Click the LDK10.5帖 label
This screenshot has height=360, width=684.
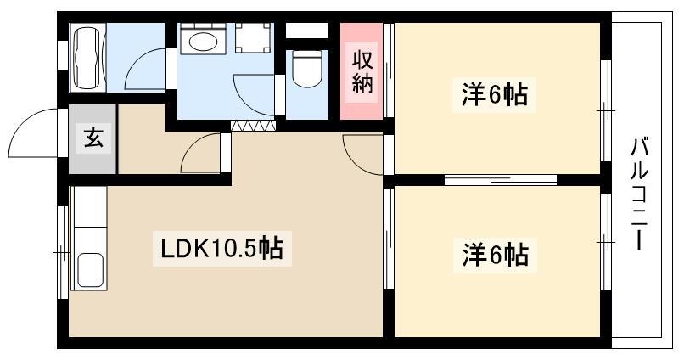pos(222,249)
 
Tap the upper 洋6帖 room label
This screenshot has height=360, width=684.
pos(495,93)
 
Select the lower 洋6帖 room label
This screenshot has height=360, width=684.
pos(495,255)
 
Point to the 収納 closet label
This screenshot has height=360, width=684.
pos(362,72)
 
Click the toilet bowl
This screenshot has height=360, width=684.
pos(306,69)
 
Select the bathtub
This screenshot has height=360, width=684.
pos(87,58)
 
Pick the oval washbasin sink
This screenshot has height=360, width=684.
pos(203,42)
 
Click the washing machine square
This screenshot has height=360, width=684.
pos(253,38)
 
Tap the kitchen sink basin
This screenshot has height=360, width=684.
pos(90,271)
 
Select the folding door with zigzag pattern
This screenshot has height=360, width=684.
pos(253,126)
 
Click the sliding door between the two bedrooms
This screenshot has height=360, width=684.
pos(501,179)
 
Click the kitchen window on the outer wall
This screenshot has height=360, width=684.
pos(64,252)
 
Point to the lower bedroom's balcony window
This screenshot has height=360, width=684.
pos(605,242)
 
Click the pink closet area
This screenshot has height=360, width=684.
pos(362,71)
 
